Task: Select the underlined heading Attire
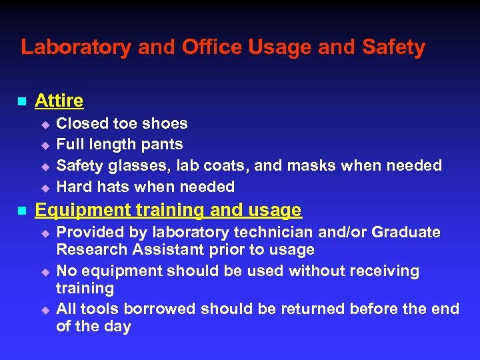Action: coord(59,101)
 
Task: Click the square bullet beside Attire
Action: coord(21,102)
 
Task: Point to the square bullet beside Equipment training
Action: coord(21,211)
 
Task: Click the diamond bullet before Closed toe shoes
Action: coord(45,124)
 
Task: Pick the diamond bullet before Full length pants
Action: coord(45,145)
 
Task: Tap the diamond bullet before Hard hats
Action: coord(45,187)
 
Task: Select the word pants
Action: coord(163,144)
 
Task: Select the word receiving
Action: coord(382,271)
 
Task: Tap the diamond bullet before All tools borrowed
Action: coord(45,309)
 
